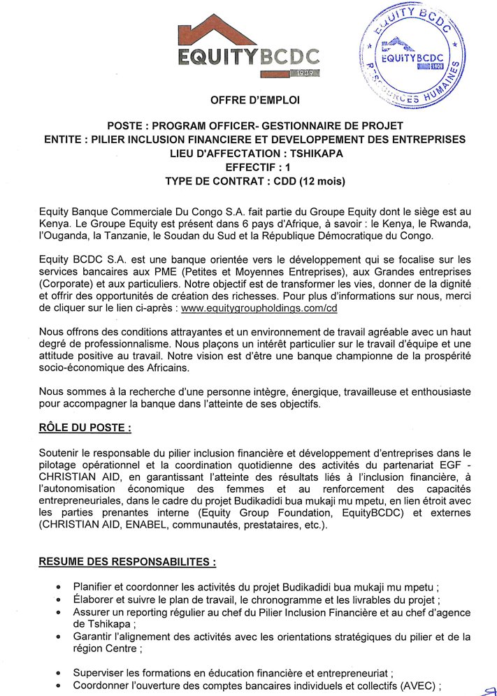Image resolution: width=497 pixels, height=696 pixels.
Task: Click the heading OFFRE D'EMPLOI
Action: tap(255, 100)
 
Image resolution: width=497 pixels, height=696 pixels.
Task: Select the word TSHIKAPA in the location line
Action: tap(312, 153)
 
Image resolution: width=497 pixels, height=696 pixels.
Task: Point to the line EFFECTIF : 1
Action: tap(255, 167)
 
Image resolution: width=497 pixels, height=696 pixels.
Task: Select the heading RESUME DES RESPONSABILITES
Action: tap(127, 561)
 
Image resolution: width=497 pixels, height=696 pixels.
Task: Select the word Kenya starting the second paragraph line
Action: tap(55, 223)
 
